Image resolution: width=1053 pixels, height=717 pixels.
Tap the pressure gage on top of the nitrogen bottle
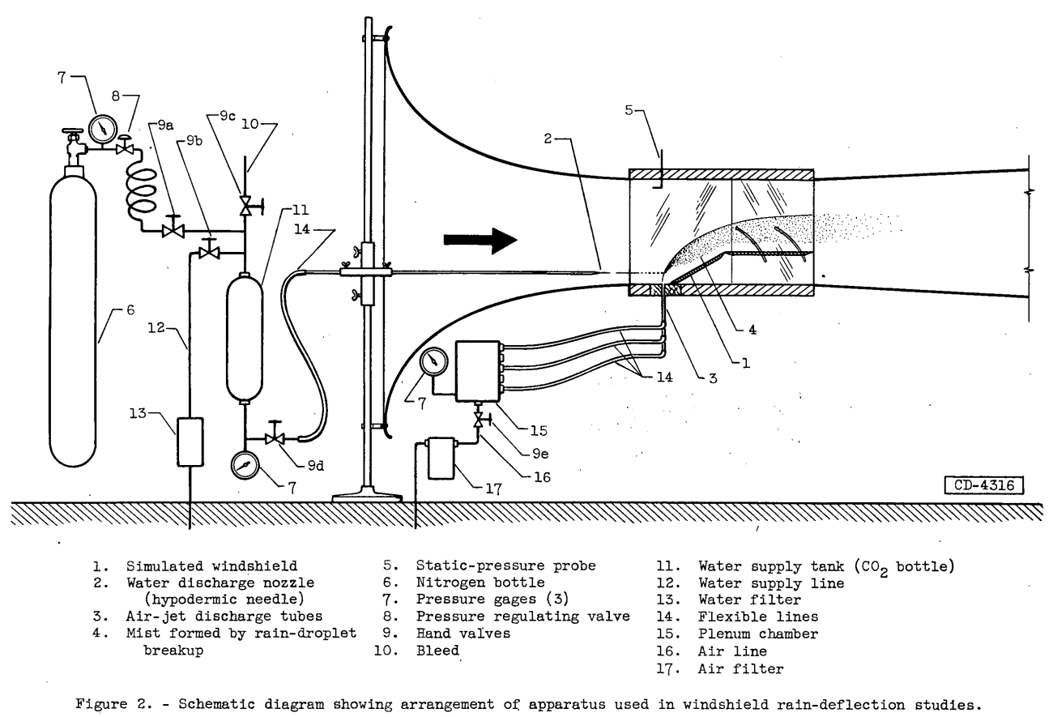pos(102,130)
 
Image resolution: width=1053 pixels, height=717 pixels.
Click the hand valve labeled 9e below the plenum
pos(480,419)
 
